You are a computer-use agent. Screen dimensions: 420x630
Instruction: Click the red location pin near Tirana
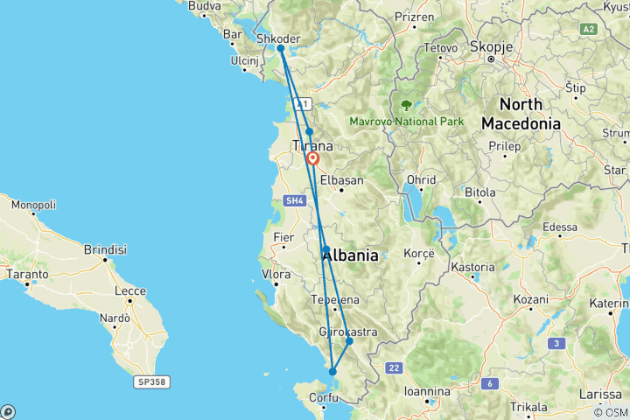(x=312, y=159)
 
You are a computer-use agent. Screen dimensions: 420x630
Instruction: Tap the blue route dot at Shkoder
(x=280, y=49)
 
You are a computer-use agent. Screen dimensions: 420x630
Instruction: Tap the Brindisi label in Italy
(x=105, y=249)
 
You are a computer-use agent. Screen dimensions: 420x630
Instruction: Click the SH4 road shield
(x=294, y=200)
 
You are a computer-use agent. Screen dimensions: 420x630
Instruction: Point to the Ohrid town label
(x=421, y=180)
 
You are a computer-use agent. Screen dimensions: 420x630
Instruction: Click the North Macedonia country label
(x=521, y=113)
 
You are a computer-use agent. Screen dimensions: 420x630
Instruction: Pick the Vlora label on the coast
(x=276, y=274)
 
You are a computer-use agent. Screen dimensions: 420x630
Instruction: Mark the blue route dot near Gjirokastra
(x=349, y=341)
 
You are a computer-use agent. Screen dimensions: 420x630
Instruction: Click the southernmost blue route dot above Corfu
(x=332, y=372)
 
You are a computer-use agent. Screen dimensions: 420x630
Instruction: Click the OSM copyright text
(x=610, y=412)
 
